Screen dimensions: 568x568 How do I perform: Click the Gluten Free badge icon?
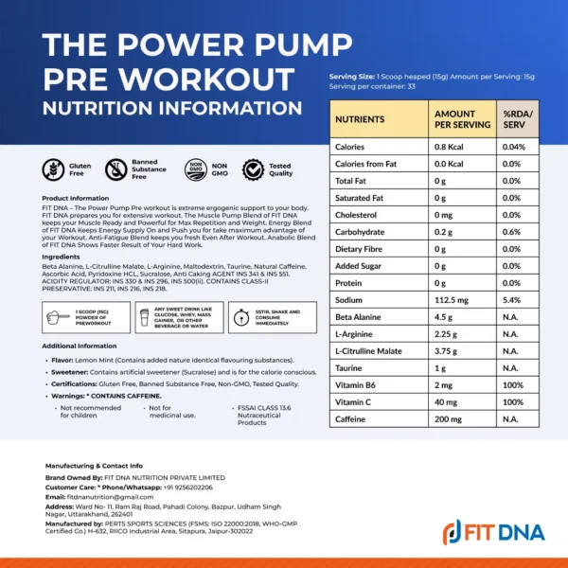pyautogui.click(x=55, y=169)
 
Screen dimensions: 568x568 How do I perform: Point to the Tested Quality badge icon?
pyautogui.click(x=254, y=169)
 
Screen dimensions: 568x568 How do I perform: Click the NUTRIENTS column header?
pyautogui.click(x=361, y=119)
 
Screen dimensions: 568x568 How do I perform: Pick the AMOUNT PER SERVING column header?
pyautogui.click(x=461, y=119)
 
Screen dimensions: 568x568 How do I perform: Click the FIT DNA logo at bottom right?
pyautogui.click(x=494, y=531)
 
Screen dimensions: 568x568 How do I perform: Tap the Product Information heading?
pyautogui.click(x=76, y=198)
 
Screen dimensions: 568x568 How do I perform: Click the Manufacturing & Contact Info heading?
pyautogui.click(x=94, y=466)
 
